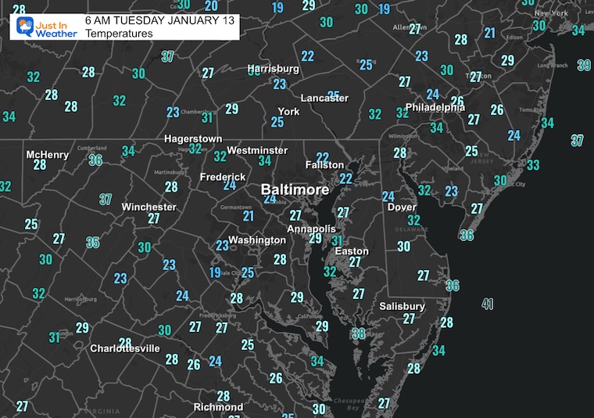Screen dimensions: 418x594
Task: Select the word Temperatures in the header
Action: (x=119, y=34)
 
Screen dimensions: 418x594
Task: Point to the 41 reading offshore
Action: (x=488, y=304)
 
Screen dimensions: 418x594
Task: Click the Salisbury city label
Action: (x=402, y=306)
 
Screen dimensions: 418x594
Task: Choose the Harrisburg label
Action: (x=274, y=69)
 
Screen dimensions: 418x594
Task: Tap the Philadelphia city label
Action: (x=435, y=107)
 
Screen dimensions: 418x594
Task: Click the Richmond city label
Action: (x=218, y=407)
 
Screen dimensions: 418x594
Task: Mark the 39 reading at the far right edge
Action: (x=584, y=65)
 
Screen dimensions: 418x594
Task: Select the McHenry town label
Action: (x=48, y=155)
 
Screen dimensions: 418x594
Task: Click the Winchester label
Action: (x=148, y=207)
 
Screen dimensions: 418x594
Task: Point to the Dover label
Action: (x=402, y=207)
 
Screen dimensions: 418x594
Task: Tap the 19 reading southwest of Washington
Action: (x=215, y=272)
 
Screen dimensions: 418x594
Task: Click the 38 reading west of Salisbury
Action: (x=359, y=333)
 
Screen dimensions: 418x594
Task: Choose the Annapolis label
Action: (x=311, y=229)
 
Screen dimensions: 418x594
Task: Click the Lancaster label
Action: (x=324, y=98)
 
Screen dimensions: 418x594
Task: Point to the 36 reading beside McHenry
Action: (x=96, y=160)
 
